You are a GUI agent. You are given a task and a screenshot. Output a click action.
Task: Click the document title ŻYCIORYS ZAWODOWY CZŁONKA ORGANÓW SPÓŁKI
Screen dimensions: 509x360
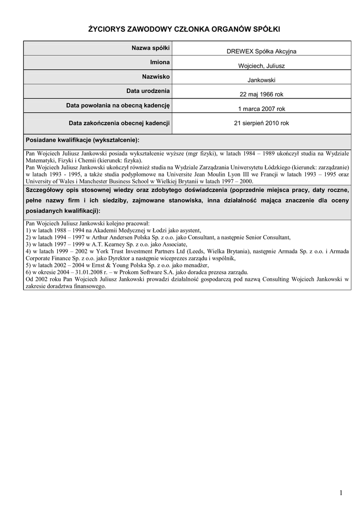180,30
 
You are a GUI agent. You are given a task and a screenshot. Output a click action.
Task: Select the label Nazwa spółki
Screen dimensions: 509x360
151,48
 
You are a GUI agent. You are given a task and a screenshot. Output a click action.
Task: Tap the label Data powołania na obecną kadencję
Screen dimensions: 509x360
118,106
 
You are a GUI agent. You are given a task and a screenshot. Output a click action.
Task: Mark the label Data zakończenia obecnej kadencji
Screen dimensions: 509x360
119,123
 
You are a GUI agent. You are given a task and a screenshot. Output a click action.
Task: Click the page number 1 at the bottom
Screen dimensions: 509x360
341,493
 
